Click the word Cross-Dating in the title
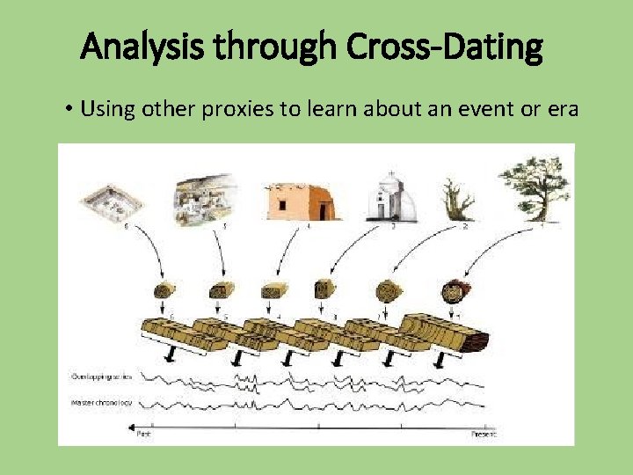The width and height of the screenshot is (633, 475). pos(445,48)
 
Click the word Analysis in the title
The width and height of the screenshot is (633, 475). pos(140,48)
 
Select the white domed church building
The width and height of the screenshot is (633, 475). pos(390,195)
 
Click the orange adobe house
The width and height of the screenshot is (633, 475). pos(300,201)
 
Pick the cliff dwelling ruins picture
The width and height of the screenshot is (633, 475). pos(206,197)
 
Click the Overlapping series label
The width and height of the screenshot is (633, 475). pos(101,376)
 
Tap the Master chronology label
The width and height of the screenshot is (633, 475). pos(101,403)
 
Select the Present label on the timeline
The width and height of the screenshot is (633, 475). pos(484,434)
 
